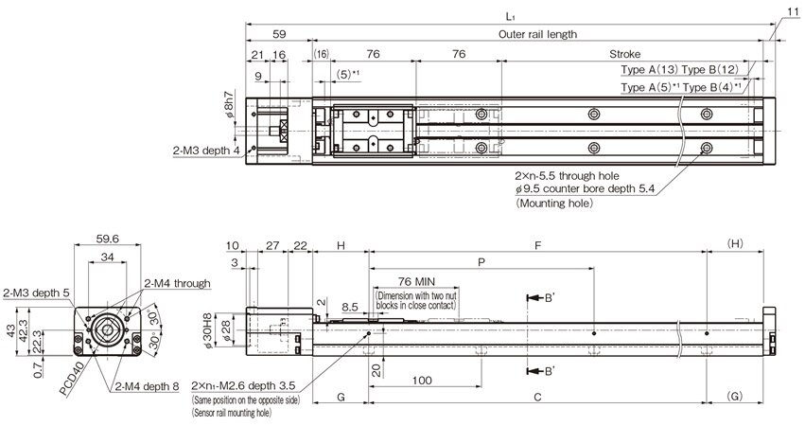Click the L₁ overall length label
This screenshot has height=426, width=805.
(510, 16)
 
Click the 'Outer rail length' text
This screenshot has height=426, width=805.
(537, 34)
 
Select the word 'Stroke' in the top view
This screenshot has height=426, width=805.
(624, 55)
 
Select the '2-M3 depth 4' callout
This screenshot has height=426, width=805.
(206, 150)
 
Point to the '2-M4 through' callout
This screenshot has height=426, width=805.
(176, 283)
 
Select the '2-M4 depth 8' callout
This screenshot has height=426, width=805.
(148, 386)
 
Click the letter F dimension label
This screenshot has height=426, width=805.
(537, 245)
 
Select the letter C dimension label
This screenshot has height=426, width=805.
(537, 399)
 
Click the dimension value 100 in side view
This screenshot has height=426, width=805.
(422, 380)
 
